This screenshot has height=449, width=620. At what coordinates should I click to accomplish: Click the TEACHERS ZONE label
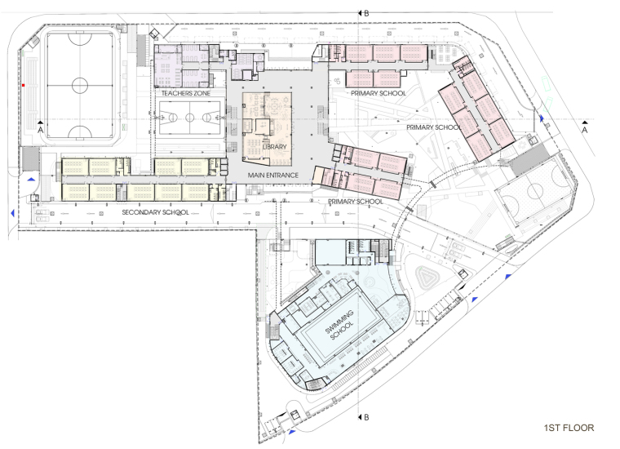[185, 93]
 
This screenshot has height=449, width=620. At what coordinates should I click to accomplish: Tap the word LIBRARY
[274, 147]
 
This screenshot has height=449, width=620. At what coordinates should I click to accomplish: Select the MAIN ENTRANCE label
[272, 176]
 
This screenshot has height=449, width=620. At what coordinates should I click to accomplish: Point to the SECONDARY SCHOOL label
[155, 212]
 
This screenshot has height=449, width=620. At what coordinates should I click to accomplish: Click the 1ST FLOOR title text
[569, 428]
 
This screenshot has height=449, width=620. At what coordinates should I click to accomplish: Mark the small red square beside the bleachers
[24, 85]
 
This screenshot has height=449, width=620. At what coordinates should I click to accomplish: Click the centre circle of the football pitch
[80, 85]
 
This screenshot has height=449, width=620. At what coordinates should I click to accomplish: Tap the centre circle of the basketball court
[190, 118]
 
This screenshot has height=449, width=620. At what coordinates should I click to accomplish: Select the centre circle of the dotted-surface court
[534, 192]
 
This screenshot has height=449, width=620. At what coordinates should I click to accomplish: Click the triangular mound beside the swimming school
[426, 277]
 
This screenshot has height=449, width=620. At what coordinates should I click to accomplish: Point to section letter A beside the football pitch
[40, 130]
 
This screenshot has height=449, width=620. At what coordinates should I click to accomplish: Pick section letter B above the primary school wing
[366, 13]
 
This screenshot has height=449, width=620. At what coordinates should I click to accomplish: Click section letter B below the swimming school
[366, 417]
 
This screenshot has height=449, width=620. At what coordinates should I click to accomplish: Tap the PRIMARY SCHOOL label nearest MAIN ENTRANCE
[356, 202]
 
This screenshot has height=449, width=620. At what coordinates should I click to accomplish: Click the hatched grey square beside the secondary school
[30, 158]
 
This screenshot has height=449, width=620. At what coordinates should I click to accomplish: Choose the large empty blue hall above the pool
[330, 252]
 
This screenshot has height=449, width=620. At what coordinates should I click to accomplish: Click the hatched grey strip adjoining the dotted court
[529, 160]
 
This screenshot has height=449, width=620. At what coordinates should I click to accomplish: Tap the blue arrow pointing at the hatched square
[31, 180]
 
